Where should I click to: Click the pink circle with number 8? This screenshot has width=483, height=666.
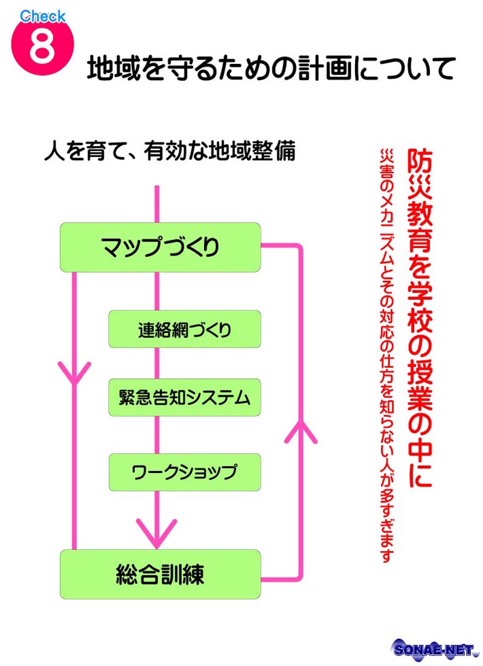coord(42,45)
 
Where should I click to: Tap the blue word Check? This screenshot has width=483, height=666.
coord(42,16)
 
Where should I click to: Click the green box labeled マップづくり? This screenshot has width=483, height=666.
coord(160,247)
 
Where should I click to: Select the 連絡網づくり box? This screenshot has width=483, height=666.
coord(185,329)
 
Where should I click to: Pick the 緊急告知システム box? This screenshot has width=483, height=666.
coord(185,397)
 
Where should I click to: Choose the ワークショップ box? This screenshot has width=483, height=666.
coord(185,472)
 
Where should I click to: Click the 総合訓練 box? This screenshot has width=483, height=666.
coord(160,574)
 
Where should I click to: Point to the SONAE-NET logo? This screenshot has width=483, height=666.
coord(433,650)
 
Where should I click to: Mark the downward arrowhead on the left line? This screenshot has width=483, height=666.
coord(74,374)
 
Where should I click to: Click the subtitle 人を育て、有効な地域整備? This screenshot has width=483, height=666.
coord(170,151)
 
